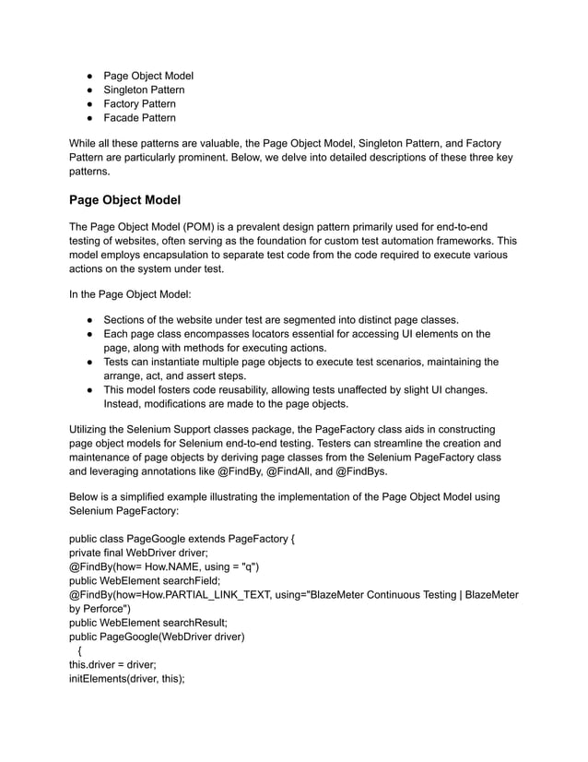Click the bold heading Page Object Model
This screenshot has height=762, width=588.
(125, 200)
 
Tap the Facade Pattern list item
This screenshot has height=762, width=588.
(139, 118)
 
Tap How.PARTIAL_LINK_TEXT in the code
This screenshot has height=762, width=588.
(200, 595)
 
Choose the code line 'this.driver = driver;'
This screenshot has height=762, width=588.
(112, 665)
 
